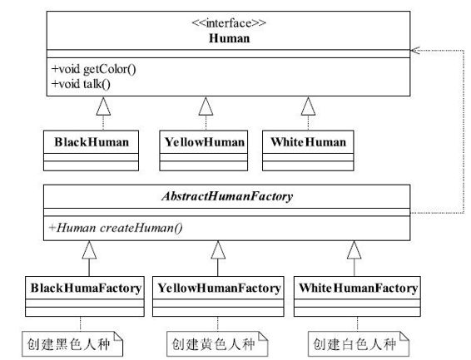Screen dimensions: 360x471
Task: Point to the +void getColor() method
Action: coord(93,68)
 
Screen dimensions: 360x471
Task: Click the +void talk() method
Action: coord(82,82)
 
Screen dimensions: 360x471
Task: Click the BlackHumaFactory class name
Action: coord(87,288)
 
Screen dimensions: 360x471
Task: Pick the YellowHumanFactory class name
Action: coord(218,288)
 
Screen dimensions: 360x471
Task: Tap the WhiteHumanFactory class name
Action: coord(355,288)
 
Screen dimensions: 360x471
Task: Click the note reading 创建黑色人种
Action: coord(72,343)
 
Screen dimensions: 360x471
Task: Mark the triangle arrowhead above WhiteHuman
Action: coord(308,106)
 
